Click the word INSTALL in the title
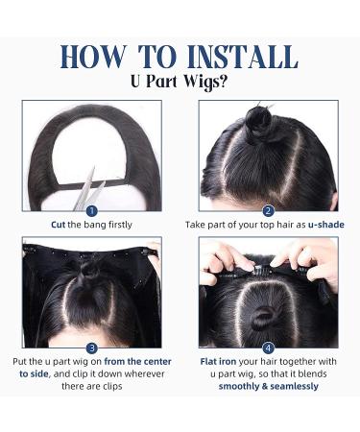click(242, 57)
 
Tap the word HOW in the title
click(93, 57)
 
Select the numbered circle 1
click(92, 211)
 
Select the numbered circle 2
click(268, 211)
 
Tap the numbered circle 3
click(92, 348)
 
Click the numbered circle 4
click(268, 348)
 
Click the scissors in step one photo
click(90, 190)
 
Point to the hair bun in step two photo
click(258, 119)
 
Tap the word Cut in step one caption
click(58, 225)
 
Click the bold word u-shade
click(326, 225)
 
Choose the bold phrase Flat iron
click(218, 362)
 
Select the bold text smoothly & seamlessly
click(269, 386)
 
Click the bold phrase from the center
click(137, 362)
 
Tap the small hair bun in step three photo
click(90, 270)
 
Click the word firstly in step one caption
click(120, 225)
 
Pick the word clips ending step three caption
click(112, 386)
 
